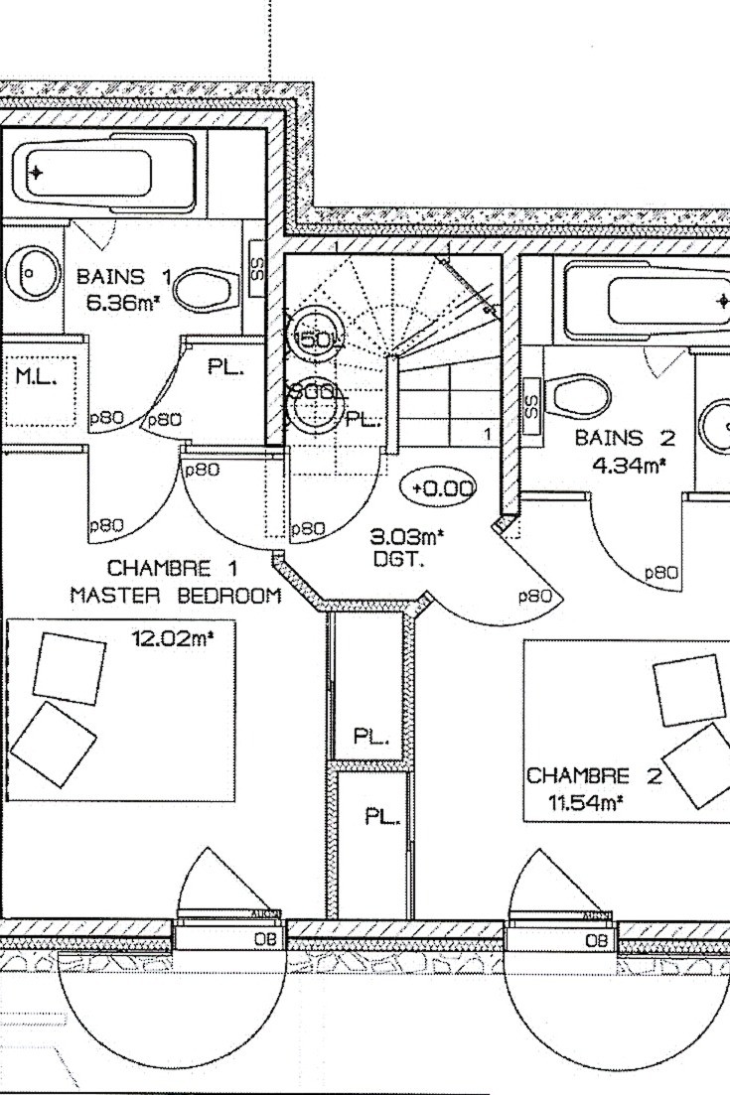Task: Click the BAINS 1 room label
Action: tap(124, 277)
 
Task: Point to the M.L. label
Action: tap(36, 376)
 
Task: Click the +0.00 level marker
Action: tap(438, 488)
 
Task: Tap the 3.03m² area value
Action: tap(406, 537)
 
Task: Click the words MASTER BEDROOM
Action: tap(175, 596)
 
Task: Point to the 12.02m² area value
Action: tap(173, 638)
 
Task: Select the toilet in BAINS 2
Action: tap(581, 398)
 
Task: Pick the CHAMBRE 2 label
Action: tap(580, 775)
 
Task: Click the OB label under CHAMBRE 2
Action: tap(596, 940)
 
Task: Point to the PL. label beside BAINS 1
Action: tap(226, 368)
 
